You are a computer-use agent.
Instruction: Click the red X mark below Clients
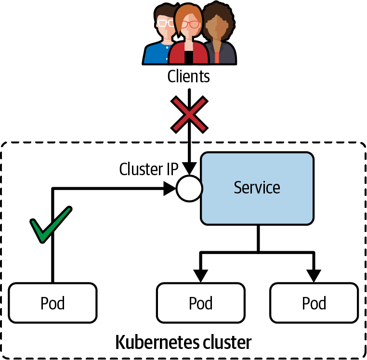pyautogui.click(x=189, y=114)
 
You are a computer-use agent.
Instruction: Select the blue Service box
pyautogui.click(x=257, y=188)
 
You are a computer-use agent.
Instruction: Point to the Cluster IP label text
pyautogui.click(x=149, y=169)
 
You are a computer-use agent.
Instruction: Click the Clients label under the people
pyautogui.click(x=189, y=76)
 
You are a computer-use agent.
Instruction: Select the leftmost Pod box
pyautogui.click(x=53, y=303)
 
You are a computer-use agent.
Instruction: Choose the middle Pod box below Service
pyautogui.click(x=201, y=303)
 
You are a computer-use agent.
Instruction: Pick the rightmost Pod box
pyautogui.click(x=314, y=303)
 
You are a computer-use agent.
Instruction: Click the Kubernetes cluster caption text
pyautogui.click(x=183, y=342)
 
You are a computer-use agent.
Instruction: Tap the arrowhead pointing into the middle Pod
pyautogui.click(x=201, y=275)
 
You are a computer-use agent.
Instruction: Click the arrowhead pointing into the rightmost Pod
pyautogui.click(x=314, y=275)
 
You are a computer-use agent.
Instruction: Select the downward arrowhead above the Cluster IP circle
pyautogui.click(x=189, y=168)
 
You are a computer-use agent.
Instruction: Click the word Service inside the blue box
pyautogui.click(x=257, y=187)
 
